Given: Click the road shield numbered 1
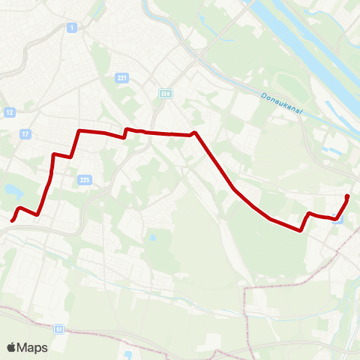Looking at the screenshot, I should coord(71,28).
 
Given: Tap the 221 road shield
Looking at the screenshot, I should coord(122,78).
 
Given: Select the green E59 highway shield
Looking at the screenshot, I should coord(165,93).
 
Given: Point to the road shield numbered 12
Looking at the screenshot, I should coord(10,112).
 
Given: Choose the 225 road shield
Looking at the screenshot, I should coord(84,179).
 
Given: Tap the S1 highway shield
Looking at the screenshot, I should coord(58,328).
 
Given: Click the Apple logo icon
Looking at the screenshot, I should coord(11,347).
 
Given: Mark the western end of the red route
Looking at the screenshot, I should coord(13,220).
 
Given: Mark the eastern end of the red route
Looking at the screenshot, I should coord(347,196).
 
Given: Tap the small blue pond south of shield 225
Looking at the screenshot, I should coord(152,238).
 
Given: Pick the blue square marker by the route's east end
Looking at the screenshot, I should coord(338,220).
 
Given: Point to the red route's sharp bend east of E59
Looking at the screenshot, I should coord(194,133).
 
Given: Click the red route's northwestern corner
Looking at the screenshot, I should coord(78,131).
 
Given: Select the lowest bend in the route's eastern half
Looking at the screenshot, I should coord(301,231).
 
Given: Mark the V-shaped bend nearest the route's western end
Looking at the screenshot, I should coord(37,214).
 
